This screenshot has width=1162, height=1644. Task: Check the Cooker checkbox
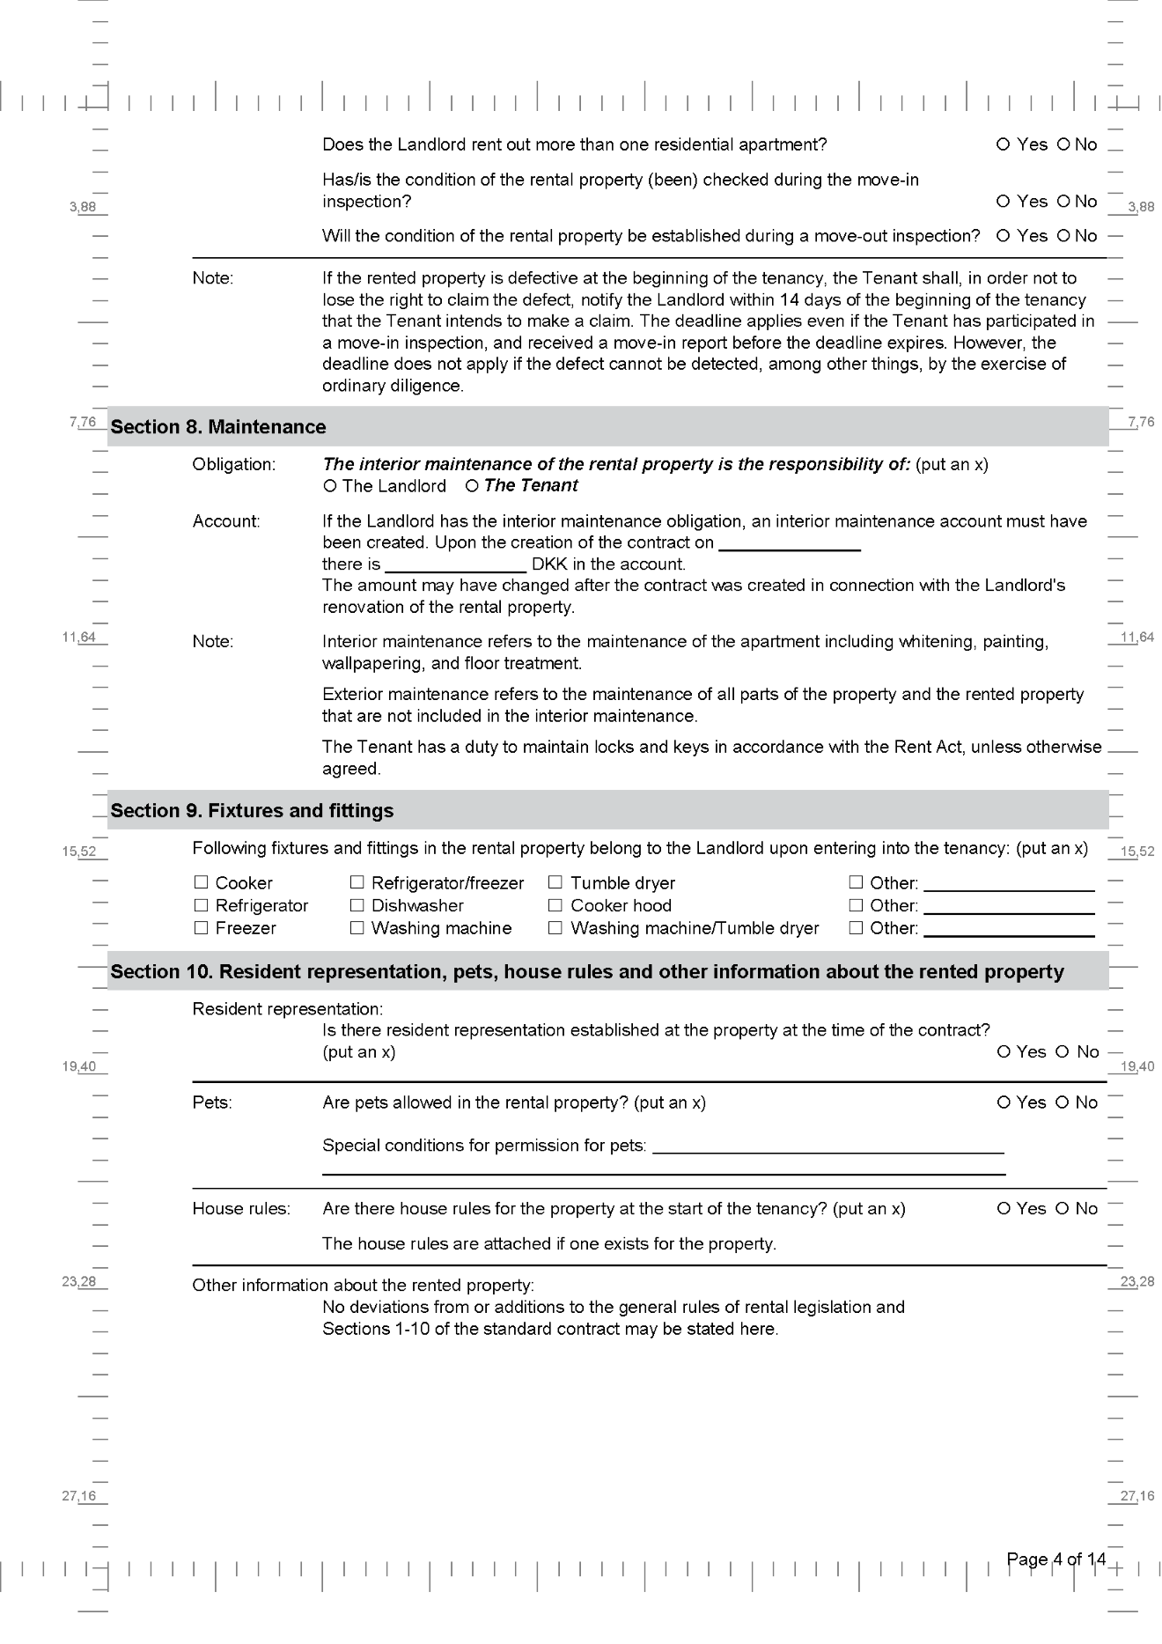pyautogui.click(x=201, y=882)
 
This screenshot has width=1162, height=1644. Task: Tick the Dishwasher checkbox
pyautogui.click(x=357, y=905)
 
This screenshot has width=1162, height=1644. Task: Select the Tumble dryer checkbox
pyautogui.click(x=555, y=882)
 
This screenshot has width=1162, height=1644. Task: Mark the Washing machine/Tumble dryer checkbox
pyautogui.click(x=555, y=927)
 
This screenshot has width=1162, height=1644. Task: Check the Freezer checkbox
pyautogui.click(x=201, y=927)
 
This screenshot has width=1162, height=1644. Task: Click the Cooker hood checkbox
pyautogui.click(x=555, y=905)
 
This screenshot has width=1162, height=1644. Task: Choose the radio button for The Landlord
pyautogui.click(x=330, y=486)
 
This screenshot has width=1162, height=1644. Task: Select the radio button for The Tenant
pyautogui.click(x=472, y=486)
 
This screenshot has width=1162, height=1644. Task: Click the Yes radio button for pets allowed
pyautogui.click(x=1004, y=1102)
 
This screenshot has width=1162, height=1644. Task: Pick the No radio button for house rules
pyautogui.click(x=1063, y=1209)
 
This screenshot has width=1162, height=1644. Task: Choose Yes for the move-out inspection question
pyautogui.click(x=1004, y=236)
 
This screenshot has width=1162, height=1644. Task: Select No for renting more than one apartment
pyautogui.click(x=1063, y=144)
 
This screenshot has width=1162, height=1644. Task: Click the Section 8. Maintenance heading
pyautogui.click(x=218, y=427)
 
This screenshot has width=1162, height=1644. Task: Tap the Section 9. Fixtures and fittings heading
pyautogui.click(x=252, y=811)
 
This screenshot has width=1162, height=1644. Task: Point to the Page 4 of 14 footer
pyautogui.click(x=1055, y=1559)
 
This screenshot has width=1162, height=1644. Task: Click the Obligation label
pyautogui.click(x=234, y=464)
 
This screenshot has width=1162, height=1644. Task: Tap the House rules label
pyautogui.click(x=241, y=1209)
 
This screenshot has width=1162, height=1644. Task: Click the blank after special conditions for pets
pyautogui.click(x=827, y=1147)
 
